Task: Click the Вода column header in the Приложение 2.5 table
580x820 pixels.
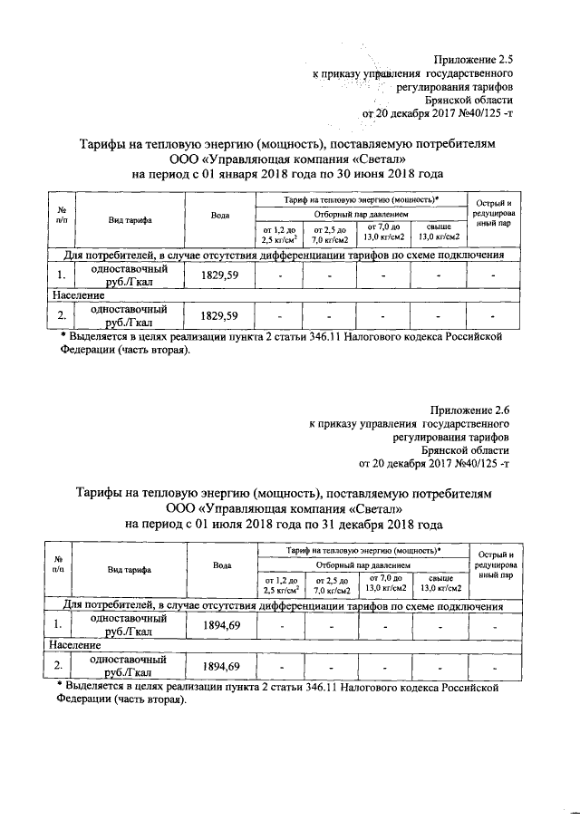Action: (x=218, y=216)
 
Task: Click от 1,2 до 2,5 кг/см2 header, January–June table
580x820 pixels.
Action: (x=278, y=235)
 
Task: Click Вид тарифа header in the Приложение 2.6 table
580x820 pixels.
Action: (x=130, y=569)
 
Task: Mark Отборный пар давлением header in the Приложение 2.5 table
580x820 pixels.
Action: (x=361, y=213)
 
